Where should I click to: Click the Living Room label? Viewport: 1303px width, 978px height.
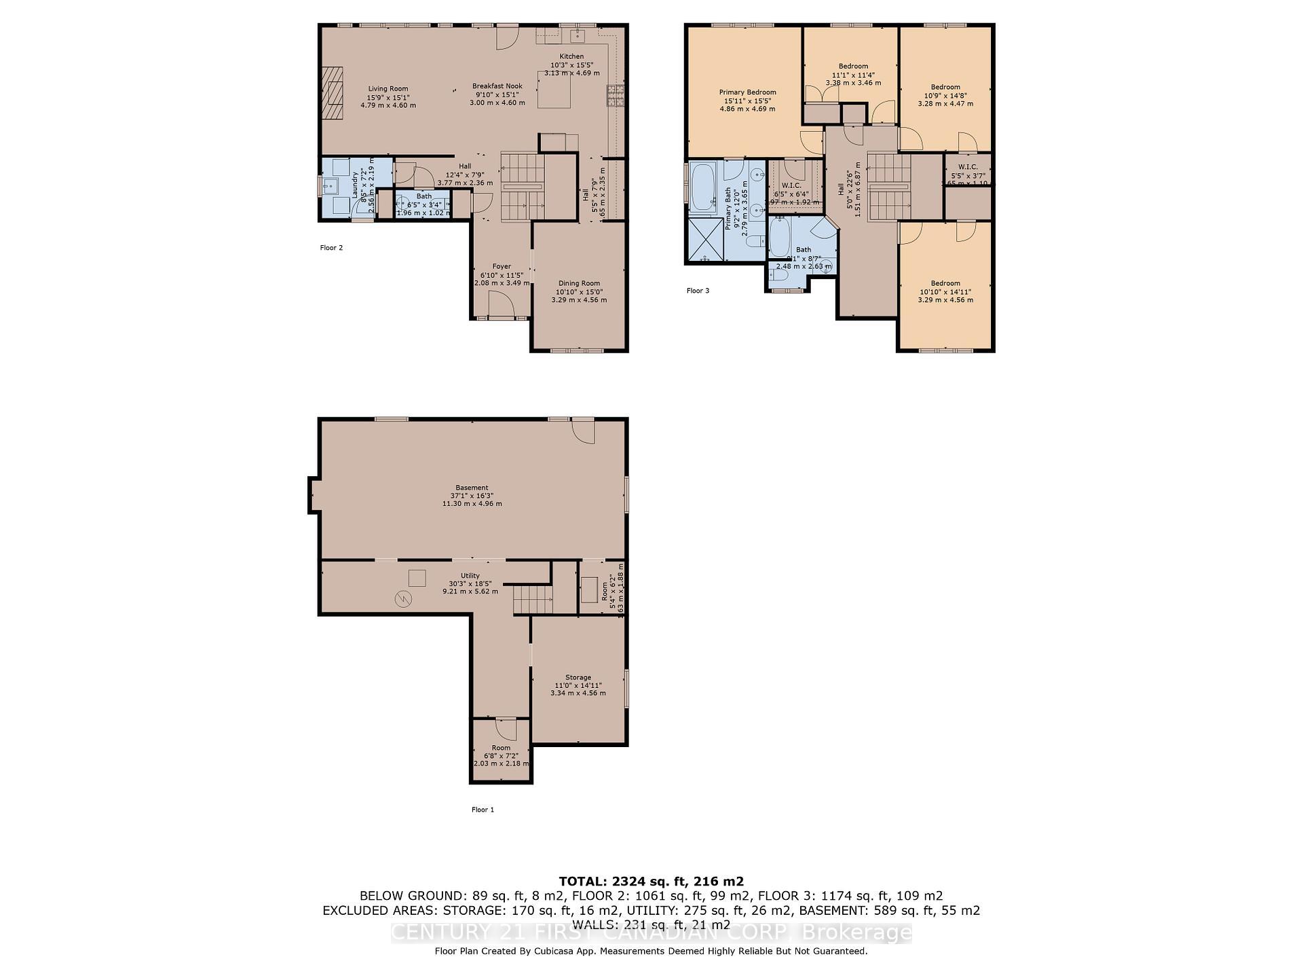pyautogui.click(x=388, y=96)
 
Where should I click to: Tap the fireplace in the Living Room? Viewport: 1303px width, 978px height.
pyautogui.click(x=333, y=93)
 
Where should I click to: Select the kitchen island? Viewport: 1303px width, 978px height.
pyautogui.click(x=554, y=92)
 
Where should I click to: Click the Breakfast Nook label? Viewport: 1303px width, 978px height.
pyautogui.click(x=497, y=94)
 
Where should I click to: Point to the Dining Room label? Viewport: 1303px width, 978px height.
pyautogui.click(x=579, y=291)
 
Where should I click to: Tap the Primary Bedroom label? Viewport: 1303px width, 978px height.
pyautogui.click(x=747, y=100)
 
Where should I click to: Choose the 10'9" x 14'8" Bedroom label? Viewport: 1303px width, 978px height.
pyautogui.click(x=945, y=95)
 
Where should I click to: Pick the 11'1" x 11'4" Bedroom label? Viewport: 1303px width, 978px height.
pyautogui.click(x=853, y=75)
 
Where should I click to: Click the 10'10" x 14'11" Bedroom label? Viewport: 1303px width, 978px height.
pyautogui.click(x=945, y=291)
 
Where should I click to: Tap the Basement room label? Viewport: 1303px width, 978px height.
pyautogui.click(x=472, y=496)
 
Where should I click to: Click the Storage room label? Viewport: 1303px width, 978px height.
pyautogui.click(x=578, y=685)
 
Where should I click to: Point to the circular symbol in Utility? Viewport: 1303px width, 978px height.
pyautogui.click(x=403, y=598)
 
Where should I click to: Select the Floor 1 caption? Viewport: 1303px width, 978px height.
pyautogui.click(x=483, y=810)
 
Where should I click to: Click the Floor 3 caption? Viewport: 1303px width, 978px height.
pyautogui.click(x=698, y=291)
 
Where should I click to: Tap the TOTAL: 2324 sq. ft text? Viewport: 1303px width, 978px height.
pyautogui.click(x=651, y=882)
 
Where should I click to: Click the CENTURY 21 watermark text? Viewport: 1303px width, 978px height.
pyautogui.click(x=651, y=932)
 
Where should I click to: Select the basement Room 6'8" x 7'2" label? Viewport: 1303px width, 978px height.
pyautogui.click(x=501, y=755)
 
